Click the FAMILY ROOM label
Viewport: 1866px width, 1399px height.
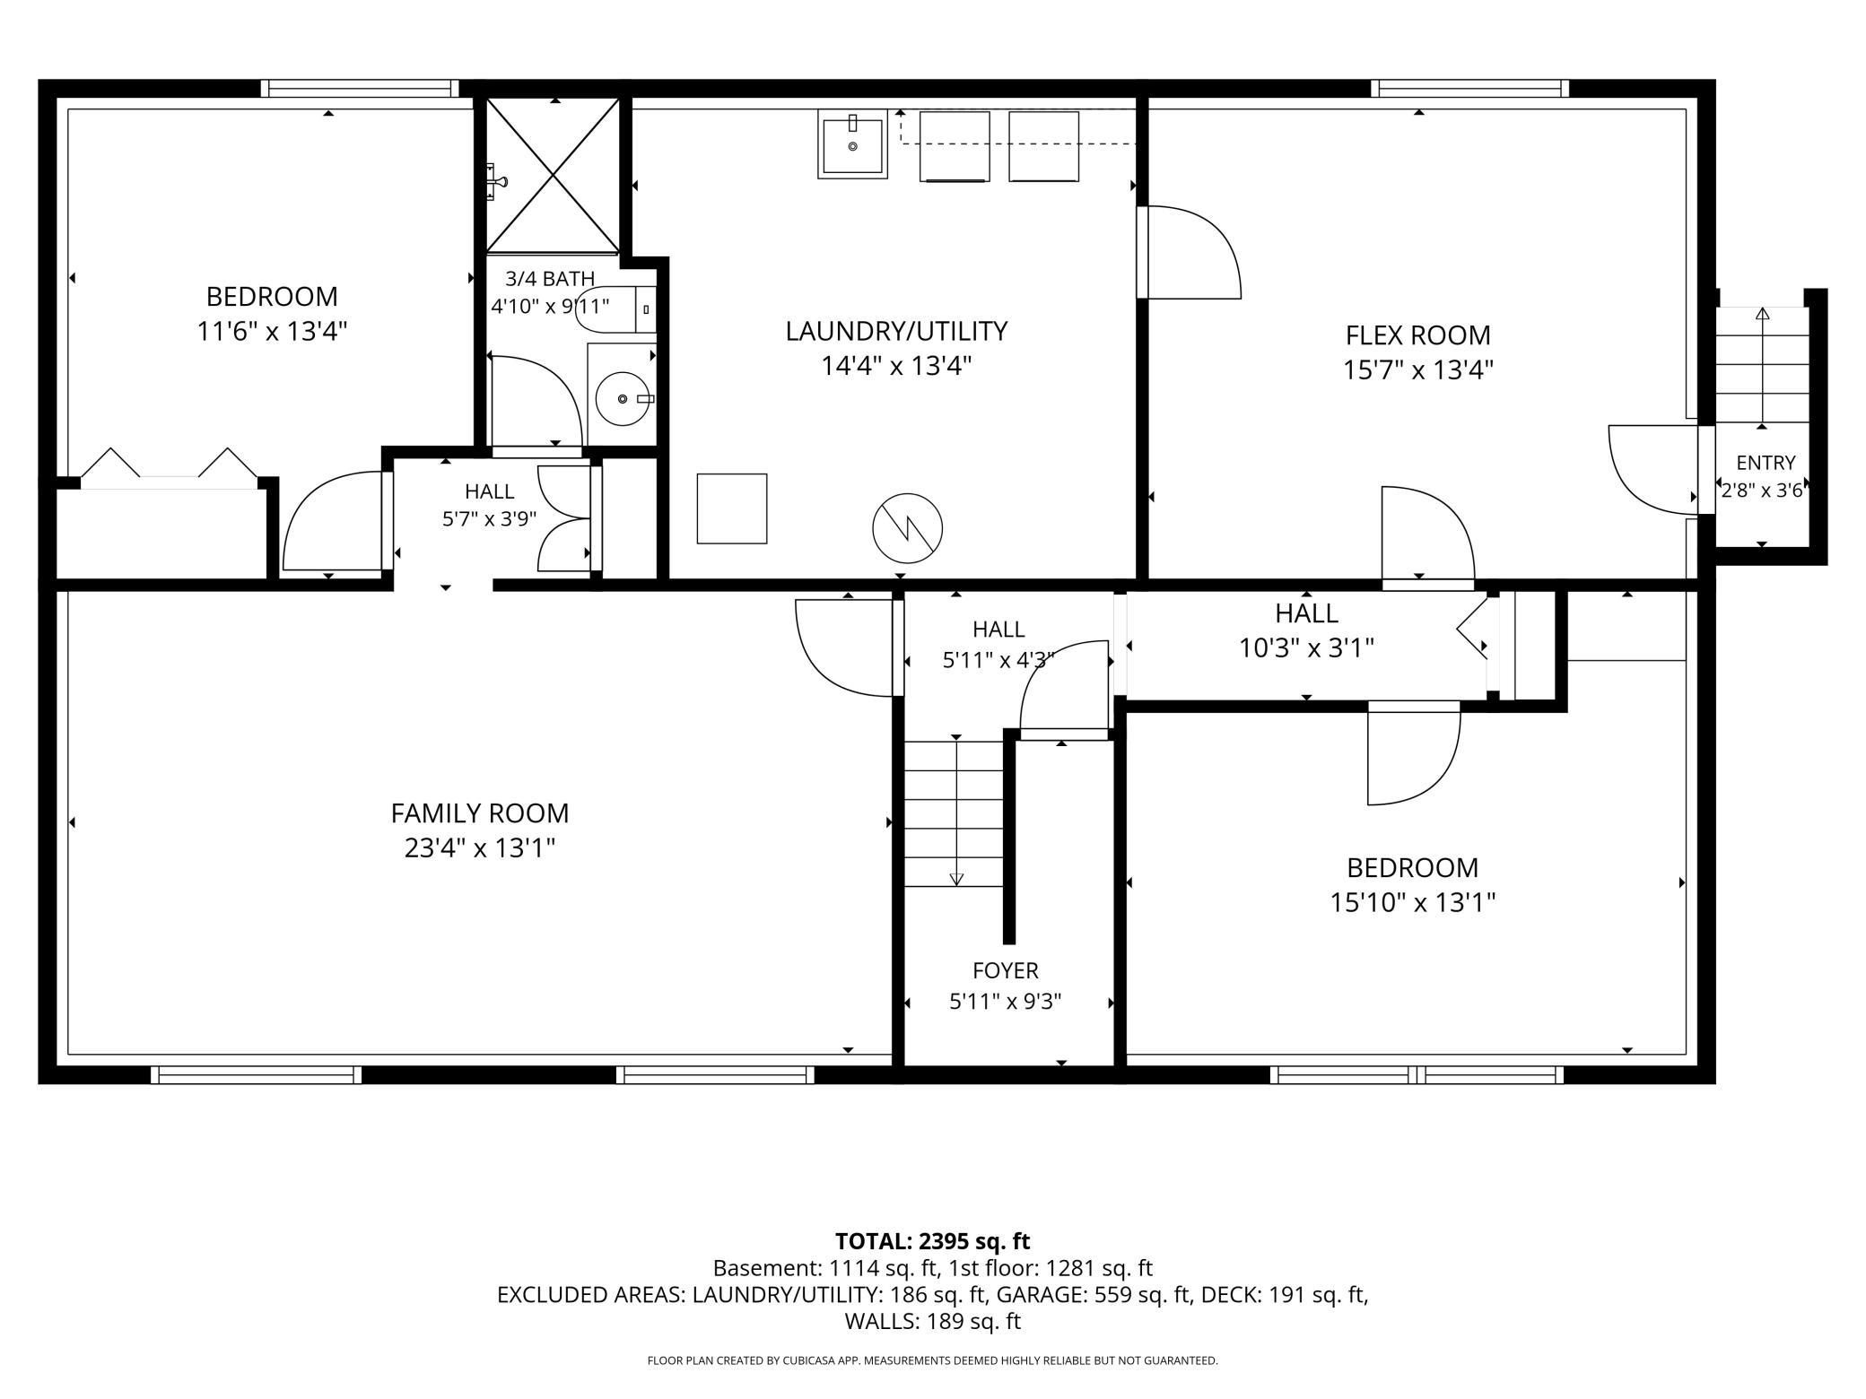pos(480,813)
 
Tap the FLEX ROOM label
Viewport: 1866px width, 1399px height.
pos(1417,335)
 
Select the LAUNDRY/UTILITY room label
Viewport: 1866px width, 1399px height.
pos(896,331)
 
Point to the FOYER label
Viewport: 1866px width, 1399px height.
pos(1006,970)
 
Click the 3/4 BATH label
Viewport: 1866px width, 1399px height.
pos(550,279)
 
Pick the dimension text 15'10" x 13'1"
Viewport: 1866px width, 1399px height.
pos(1412,902)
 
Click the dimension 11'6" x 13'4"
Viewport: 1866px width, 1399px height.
pos(272,331)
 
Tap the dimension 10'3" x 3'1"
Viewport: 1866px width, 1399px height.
pos(1306,647)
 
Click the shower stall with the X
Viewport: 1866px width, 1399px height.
pos(553,174)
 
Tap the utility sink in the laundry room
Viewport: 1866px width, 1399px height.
pos(852,144)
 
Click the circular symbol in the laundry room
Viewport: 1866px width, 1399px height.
pos(907,527)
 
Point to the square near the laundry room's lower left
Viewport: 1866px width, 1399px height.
pos(732,508)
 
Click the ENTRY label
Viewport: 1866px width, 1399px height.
pos(1766,463)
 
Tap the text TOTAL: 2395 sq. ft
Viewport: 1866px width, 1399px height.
pos(932,1241)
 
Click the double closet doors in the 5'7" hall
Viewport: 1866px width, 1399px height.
pos(564,518)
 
